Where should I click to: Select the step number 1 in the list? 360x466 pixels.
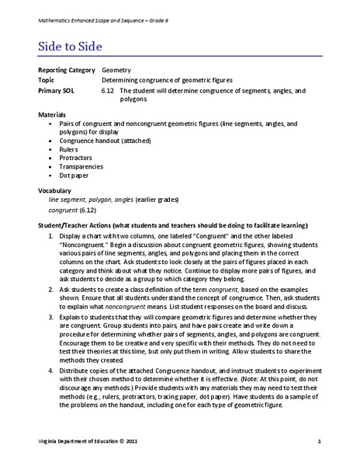click(50, 236)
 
